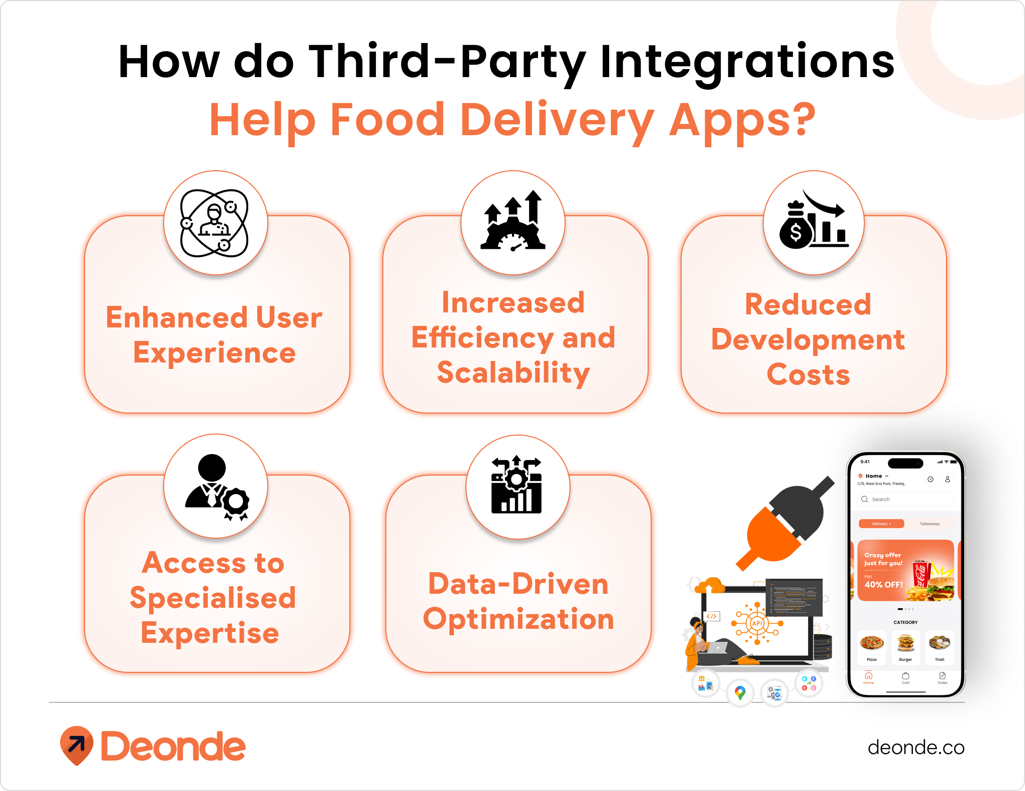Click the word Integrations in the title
click(747, 63)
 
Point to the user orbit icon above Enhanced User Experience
click(215, 223)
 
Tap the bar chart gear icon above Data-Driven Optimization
click(517, 485)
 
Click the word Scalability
click(514, 373)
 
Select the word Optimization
click(519, 619)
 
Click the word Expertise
click(210, 633)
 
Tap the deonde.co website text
click(915, 747)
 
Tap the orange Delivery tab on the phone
click(881, 524)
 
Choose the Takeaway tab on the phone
click(929, 524)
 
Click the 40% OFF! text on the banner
click(883, 585)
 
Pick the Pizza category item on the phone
click(872, 646)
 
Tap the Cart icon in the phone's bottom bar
click(905, 678)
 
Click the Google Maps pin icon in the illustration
click(740, 692)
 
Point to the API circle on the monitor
click(757, 623)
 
